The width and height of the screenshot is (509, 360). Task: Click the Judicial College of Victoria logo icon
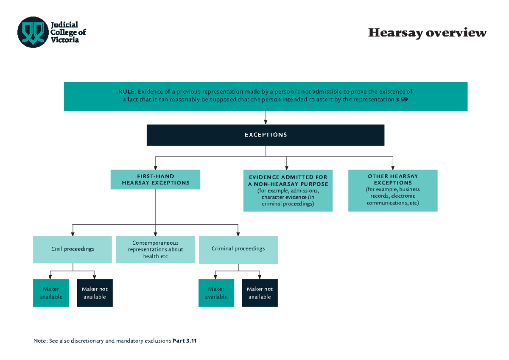point(33,32)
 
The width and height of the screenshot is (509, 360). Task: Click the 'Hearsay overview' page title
point(427,33)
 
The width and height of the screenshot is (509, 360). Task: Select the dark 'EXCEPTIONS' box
point(266,135)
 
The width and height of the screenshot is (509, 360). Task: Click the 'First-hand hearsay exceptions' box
point(155,180)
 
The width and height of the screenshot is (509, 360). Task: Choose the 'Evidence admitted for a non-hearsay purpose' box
point(288,190)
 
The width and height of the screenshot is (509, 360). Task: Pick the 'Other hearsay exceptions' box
point(392,190)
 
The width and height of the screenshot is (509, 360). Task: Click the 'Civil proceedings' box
point(73,249)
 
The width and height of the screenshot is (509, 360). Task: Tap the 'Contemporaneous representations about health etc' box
point(156,249)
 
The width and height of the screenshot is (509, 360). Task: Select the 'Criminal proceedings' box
point(238,249)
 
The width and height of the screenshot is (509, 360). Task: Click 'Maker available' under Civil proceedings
point(51,293)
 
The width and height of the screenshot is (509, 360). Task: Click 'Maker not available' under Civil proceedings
point(95,293)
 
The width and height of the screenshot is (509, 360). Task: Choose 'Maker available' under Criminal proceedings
point(216,293)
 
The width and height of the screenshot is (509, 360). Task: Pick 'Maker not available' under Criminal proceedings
point(260,293)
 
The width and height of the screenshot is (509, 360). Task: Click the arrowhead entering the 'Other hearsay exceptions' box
point(393,167)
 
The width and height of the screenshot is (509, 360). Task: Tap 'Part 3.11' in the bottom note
point(185,341)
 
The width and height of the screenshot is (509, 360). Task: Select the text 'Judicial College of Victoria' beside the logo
point(68,32)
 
